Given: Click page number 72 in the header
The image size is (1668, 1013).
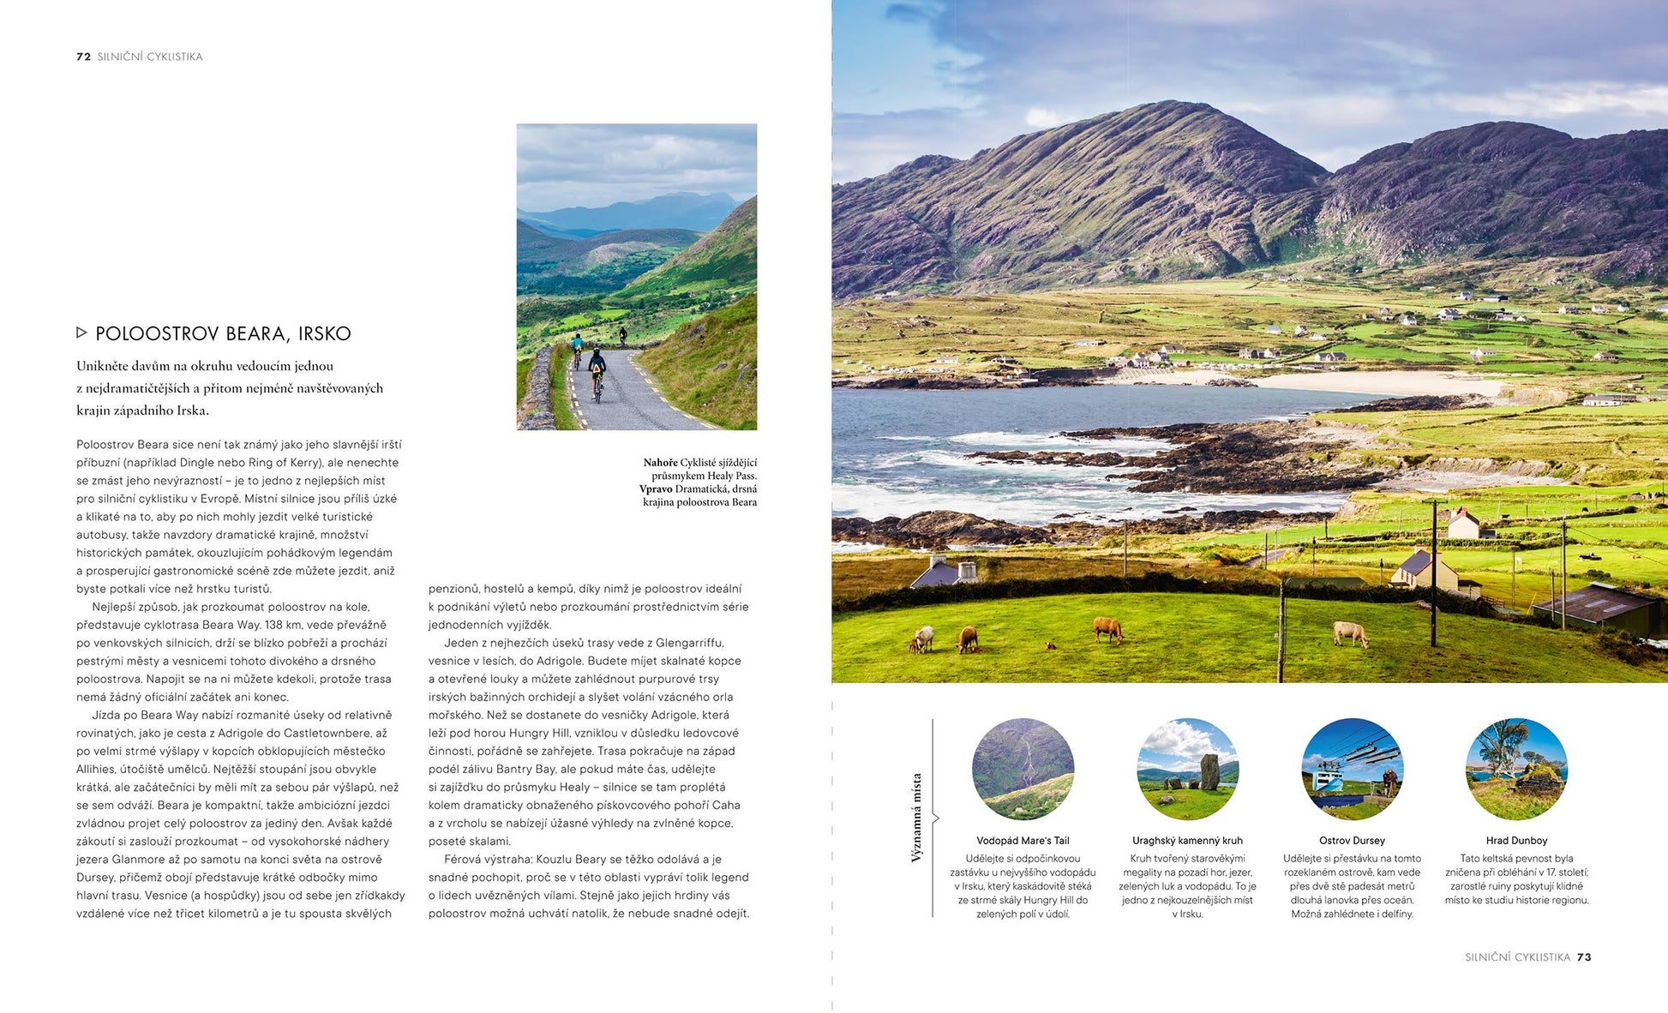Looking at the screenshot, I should click(83, 57).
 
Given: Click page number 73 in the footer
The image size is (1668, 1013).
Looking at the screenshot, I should click(1584, 957).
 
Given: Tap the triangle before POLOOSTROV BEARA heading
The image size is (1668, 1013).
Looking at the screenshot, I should click(81, 333).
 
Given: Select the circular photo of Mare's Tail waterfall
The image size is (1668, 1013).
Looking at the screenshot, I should click(1023, 769).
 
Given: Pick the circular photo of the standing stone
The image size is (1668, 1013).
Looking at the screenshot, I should click(1187, 769).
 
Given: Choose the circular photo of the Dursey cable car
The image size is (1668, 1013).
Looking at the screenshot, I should click(1352, 769).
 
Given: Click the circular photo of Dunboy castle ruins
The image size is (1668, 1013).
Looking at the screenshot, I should click(1516, 769).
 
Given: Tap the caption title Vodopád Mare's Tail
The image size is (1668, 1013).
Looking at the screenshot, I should click(1023, 841).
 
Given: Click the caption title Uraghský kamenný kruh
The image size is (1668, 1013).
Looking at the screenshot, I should click(1187, 841).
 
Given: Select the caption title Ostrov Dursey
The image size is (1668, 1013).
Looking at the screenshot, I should click(1352, 841).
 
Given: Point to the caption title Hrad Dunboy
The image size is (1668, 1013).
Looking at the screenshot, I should click(1516, 841).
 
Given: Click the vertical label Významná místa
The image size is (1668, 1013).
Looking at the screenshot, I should click(916, 817).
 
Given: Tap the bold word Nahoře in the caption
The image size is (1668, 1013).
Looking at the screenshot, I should click(660, 463).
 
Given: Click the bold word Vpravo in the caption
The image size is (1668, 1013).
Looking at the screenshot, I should click(656, 489).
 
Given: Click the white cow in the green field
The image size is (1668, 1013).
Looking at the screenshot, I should click(1350, 634).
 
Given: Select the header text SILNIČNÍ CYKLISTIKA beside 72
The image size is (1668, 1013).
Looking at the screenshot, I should click(150, 57).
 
